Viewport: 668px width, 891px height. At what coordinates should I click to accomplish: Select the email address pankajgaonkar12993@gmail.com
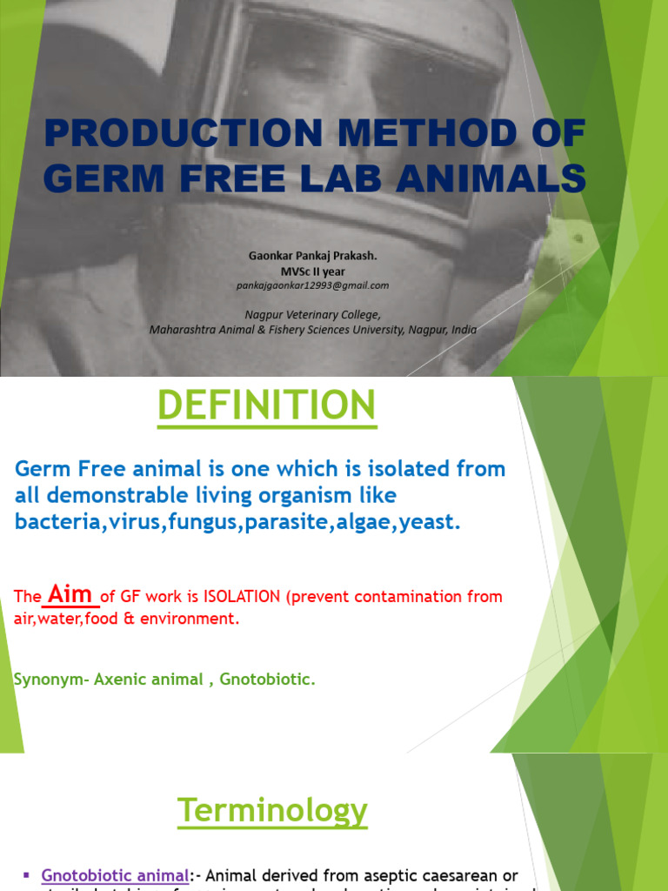(x=312, y=285)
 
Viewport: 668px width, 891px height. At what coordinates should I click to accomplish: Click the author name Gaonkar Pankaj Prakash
(x=312, y=256)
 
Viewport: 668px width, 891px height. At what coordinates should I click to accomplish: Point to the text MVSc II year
(x=312, y=271)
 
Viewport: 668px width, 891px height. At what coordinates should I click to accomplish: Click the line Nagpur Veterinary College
(x=312, y=315)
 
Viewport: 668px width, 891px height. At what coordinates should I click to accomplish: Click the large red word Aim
(x=71, y=594)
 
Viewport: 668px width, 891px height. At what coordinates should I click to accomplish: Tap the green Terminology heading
(x=272, y=811)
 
